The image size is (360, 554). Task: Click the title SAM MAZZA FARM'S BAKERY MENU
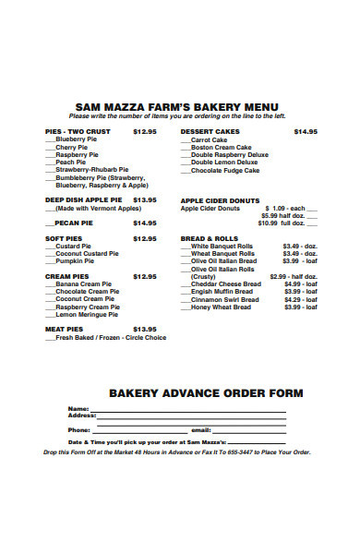(x=178, y=106)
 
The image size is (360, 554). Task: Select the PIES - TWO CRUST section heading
(x=77, y=131)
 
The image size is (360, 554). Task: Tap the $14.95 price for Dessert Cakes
(x=306, y=131)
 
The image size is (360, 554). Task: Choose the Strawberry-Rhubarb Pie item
(x=91, y=170)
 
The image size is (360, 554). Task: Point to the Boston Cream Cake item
(x=221, y=147)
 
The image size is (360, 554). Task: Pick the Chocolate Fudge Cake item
(x=225, y=170)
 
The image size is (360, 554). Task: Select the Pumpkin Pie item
(x=78, y=260)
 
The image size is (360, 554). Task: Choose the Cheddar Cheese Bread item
(x=226, y=283)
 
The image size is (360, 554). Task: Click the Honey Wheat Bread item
(x=221, y=307)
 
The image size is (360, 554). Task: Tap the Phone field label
(x=79, y=429)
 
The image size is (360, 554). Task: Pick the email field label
(x=200, y=429)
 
